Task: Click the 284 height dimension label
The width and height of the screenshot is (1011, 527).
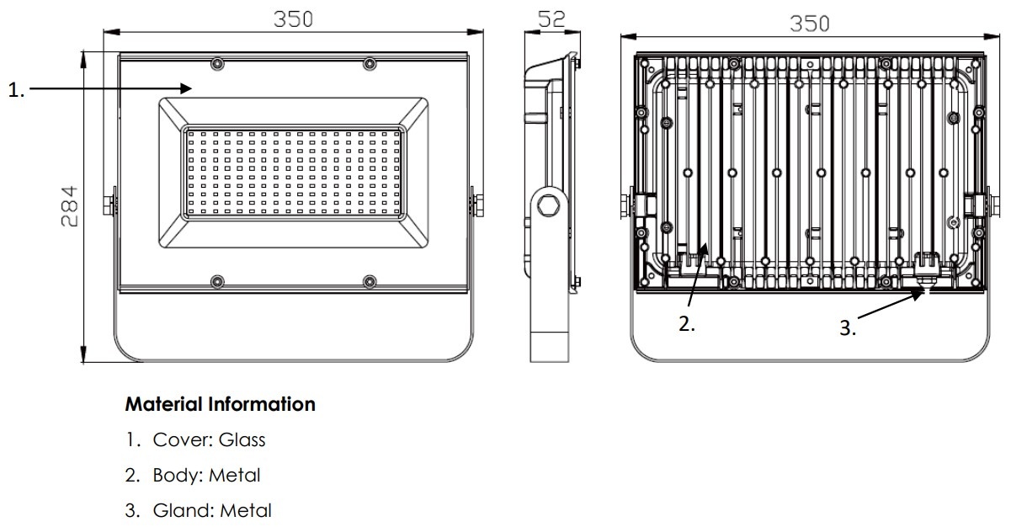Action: (70, 206)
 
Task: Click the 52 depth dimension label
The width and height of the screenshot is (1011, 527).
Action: (551, 19)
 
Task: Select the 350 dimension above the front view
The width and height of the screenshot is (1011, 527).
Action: (294, 19)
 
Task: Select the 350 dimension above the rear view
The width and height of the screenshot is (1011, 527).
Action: (810, 24)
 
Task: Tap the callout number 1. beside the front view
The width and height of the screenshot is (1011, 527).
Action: (16, 90)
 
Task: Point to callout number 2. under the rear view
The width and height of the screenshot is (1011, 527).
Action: (687, 323)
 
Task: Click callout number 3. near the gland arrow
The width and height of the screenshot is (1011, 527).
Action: (848, 327)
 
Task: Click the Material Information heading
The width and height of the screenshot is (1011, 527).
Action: (221, 404)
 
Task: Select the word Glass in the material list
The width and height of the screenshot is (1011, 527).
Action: (242, 439)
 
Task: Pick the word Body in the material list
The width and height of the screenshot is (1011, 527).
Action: (178, 475)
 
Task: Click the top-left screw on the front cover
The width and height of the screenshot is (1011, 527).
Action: (217, 64)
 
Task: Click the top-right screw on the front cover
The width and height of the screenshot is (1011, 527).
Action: (370, 64)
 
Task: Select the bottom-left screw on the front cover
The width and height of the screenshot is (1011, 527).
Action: (217, 281)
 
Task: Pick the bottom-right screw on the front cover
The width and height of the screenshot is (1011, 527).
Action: (370, 281)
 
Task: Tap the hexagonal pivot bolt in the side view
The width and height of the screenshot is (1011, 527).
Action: (549, 205)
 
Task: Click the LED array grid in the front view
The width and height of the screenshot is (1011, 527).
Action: (294, 173)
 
